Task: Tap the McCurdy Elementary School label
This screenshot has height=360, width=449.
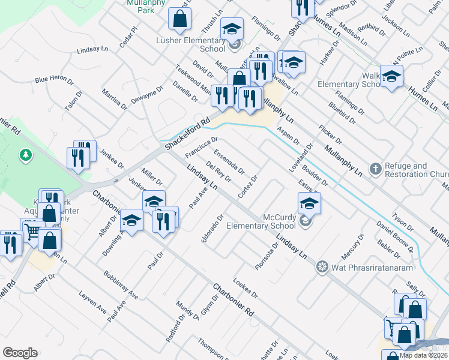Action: (261, 221)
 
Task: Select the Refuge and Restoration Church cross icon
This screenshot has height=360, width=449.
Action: (376, 169)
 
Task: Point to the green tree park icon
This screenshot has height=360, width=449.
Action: (25, 156)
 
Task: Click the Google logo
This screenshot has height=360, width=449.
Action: (20, 353)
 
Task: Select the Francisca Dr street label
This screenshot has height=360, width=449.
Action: (201, 148)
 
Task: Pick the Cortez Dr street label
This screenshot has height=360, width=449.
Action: (247, 187)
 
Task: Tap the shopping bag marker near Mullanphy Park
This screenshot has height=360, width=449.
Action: (179, 19)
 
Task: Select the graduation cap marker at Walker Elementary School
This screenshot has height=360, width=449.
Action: (391, 76)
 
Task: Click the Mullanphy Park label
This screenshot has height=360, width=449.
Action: (141, 6)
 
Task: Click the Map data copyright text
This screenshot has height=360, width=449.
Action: (424, 355)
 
